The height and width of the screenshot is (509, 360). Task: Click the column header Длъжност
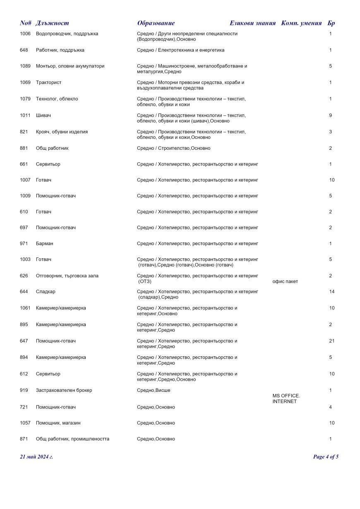[52, 23]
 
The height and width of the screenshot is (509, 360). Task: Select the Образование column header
[156, 23]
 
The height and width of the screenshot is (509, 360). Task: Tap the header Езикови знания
[252, 23]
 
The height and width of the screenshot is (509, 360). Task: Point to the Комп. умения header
[301, 23]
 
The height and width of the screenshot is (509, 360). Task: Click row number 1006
[25, 34]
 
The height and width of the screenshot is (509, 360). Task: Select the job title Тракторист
[48, 82]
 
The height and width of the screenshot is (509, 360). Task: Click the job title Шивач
[43, 115]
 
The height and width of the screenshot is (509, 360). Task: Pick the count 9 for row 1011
[331, 115]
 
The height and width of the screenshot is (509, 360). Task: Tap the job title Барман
[45, 244]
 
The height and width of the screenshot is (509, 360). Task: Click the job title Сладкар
[46, 292]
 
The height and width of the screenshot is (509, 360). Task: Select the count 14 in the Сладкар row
[332, 292]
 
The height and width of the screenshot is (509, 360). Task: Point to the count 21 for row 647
[332, 341]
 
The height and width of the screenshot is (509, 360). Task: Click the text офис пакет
[285, 282]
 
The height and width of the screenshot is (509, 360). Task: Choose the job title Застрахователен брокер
[64, 390]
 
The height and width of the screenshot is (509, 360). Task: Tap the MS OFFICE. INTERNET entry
[286, 399]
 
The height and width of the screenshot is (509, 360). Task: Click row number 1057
[25, 423]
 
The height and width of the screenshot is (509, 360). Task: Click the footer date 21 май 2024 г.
[36, 457]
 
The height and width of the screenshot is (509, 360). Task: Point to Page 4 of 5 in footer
[326, 457]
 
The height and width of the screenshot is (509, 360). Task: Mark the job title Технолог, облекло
[57, 99]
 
